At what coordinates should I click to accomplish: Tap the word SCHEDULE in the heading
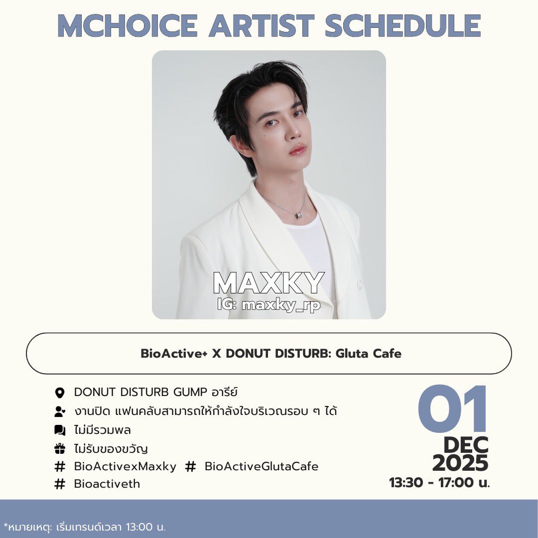pos(403,25)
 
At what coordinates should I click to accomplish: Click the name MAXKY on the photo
pos(269,283)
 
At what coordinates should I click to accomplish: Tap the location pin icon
pos(60,393)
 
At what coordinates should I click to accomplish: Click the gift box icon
pos(60,449)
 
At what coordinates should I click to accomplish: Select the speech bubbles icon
pos(60,430)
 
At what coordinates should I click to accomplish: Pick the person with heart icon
pos(60,411)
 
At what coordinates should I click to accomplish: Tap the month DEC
pos(466,445)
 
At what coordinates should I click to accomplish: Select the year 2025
pos(460,464)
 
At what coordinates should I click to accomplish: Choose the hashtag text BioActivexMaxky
pos(125,467)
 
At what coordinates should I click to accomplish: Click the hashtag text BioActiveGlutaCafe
pos(262,467)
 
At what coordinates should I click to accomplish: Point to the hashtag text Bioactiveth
pos(107,484)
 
